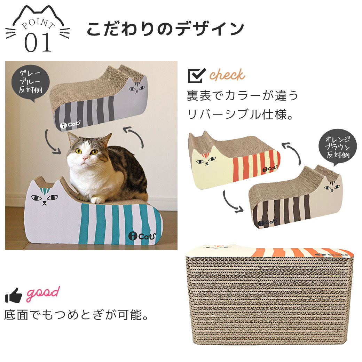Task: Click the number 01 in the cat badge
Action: tap(38, 42)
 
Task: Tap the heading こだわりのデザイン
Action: tap(165, 29)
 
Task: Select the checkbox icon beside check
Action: tap(196, 76)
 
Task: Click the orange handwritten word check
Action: tap(227, 75)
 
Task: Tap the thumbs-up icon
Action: tap(14, 295)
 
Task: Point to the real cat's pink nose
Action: tap(85, 158)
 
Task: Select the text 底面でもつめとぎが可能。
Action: tap(77, 315)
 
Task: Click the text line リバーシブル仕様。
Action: tap(240, 114)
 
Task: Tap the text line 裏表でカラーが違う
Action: tap(242, 96)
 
